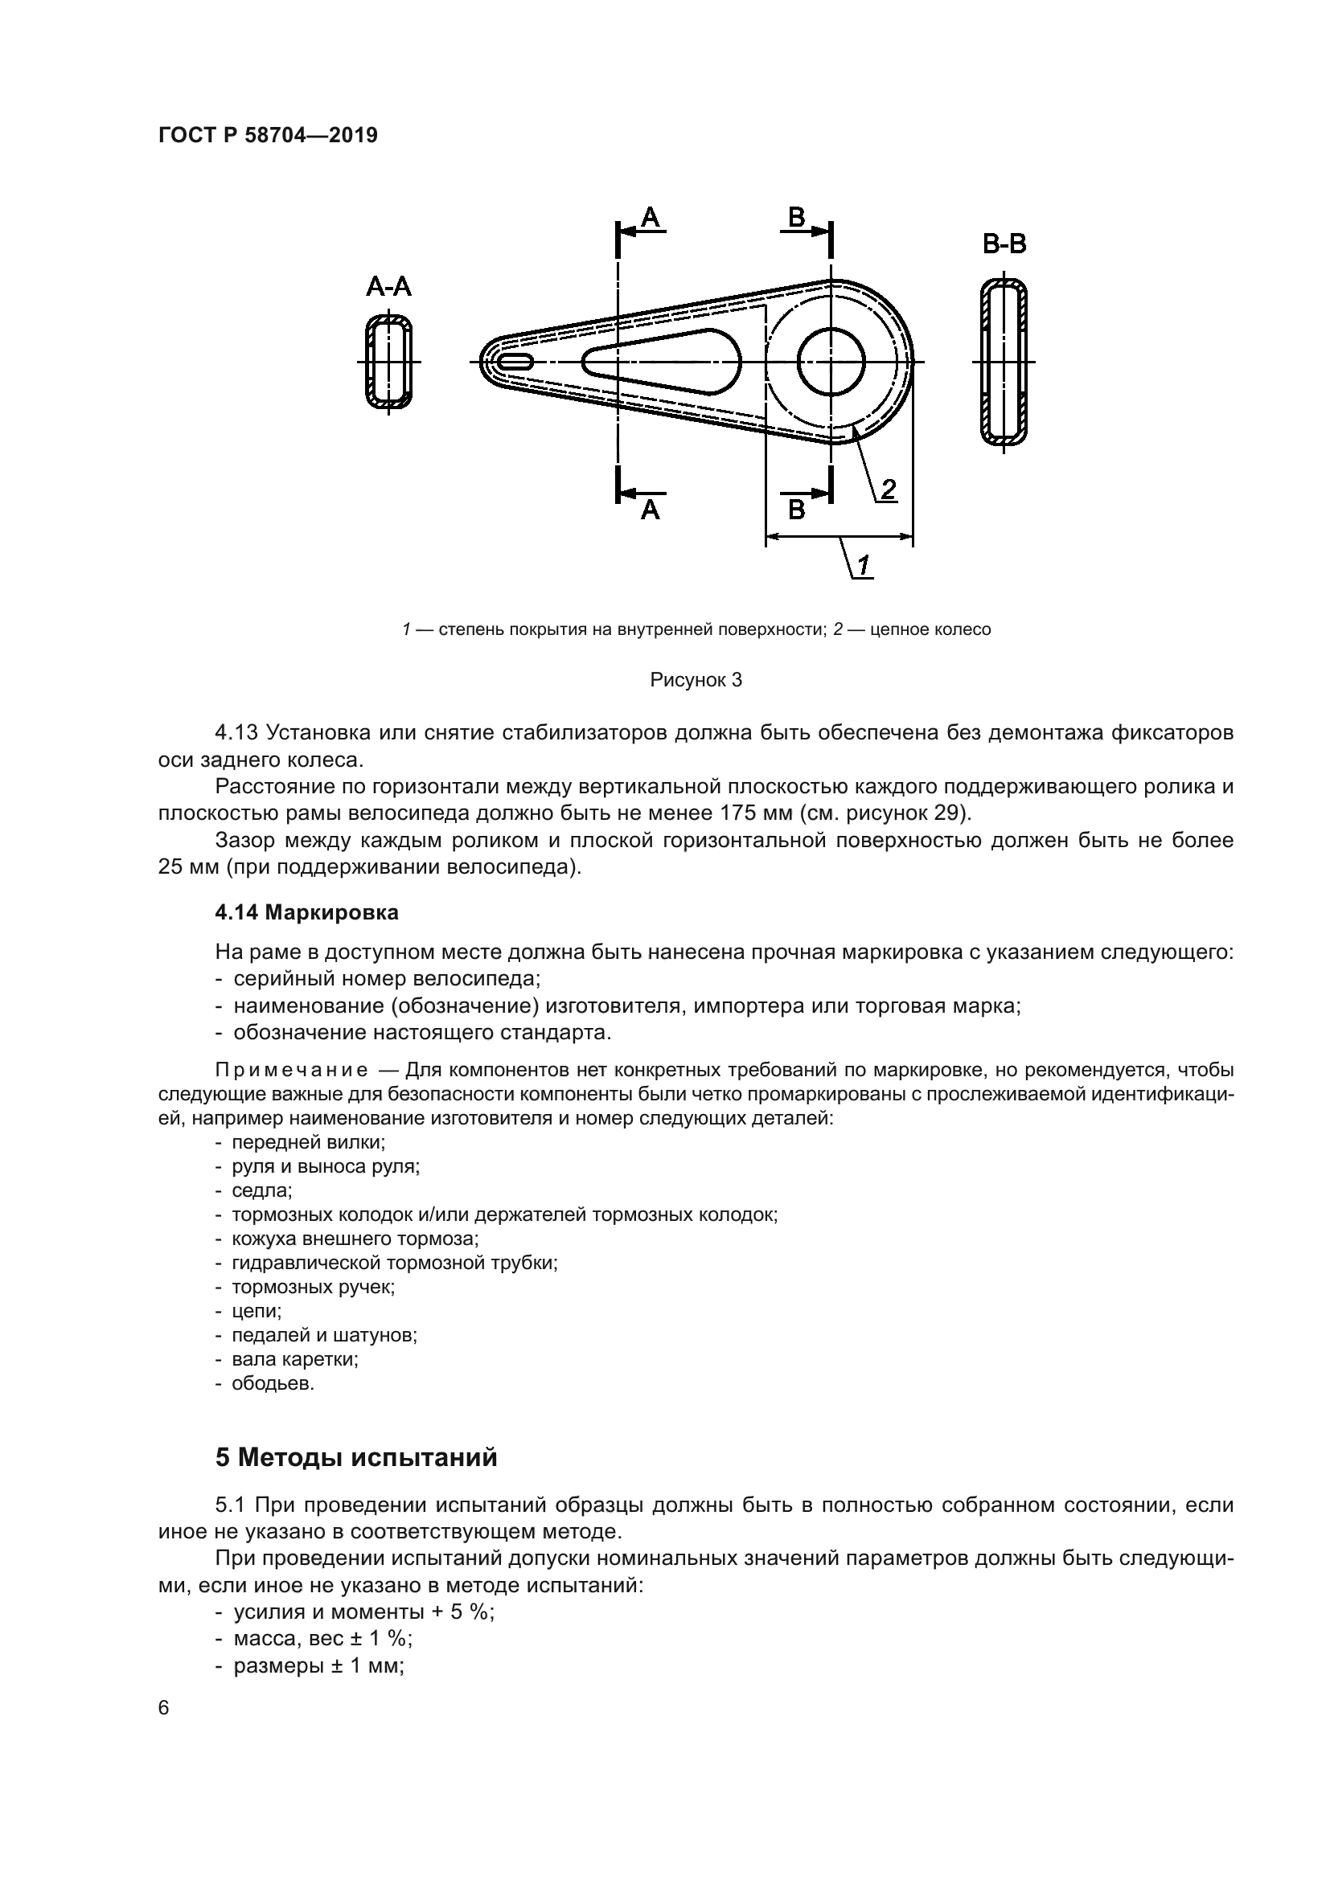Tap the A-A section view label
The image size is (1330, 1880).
[388, 287]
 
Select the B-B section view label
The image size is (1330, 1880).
[1004, 244]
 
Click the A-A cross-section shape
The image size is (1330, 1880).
[388, 361]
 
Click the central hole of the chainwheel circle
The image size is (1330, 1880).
[831, 361]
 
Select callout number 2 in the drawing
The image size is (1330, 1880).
[888, 489]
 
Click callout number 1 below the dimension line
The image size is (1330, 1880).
[863, 565]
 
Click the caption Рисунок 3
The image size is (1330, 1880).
[696, 680]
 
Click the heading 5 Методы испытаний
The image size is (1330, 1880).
[356, 1458]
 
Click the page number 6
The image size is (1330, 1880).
[164, 1708]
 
